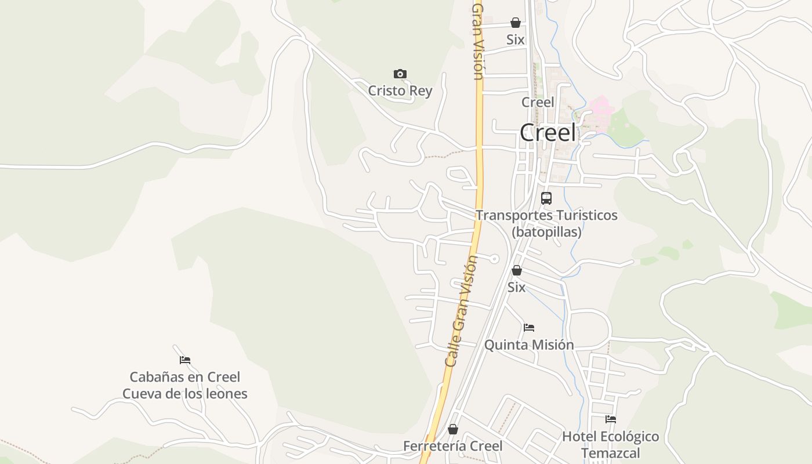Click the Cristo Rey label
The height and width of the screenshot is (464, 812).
pyautogui.click(x=400, y=91)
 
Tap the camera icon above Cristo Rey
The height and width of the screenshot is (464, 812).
pyautogui.click(x=400, y=74)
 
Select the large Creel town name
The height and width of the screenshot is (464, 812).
pyautogui.click(x=548, y=133)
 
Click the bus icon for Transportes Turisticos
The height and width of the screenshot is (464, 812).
pyautogui.click(x=546, y=198)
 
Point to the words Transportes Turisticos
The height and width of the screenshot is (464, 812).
pyautogui.click(x=546, y=215)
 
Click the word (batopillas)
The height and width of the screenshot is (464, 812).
pyautogui.click(x=546, y=232)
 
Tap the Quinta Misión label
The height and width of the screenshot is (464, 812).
pyautogui.click(x=529, y=345)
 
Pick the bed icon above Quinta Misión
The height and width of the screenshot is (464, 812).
pyautogui.click(x=529, y=328)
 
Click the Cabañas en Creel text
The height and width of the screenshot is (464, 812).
pyautogui.click(x=184, y=377)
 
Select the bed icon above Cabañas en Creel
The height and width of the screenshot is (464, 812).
pyautogui.click(x=185, y=360)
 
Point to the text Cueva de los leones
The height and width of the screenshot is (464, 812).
pyautogui.click(x=184, y=394)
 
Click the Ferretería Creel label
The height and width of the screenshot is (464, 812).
pyautogui.click(x=452, y=446)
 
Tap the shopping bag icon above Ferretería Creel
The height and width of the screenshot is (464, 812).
pyautogui.click(x=453, y=429)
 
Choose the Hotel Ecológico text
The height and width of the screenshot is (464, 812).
pyautogui.click(x=610, y=436)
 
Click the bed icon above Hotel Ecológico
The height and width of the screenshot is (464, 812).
pyautogui.click(x=610, y=419)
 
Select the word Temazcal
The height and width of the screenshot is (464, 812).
pyautogui.click(x=610, y=453)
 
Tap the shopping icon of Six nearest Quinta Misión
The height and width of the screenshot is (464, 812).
pyautogui.click(x=517, y=270)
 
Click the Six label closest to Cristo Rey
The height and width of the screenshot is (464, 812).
pyautogui.click(x=516, y=39)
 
